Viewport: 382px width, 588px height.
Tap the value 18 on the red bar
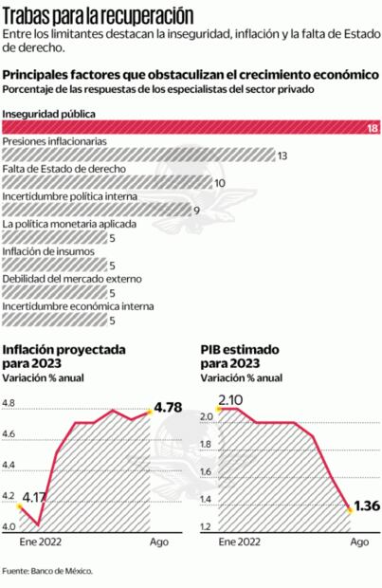click(373, 128)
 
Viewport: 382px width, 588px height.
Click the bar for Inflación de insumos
click(54, 266)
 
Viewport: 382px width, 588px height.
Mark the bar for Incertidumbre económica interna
click(54, 321)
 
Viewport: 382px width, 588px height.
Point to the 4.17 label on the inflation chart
click(36, 496)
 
